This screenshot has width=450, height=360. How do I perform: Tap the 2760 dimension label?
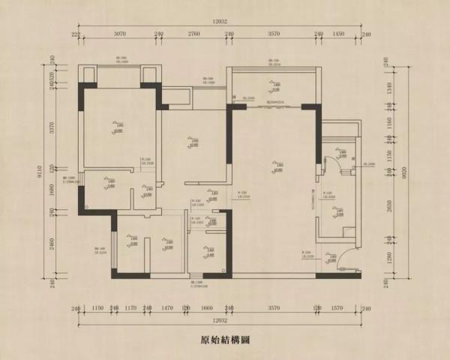click(x=193, y=34)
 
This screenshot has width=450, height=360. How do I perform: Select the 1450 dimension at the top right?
click(x=338, y=34)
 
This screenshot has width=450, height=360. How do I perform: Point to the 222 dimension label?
click(x=76, y=34)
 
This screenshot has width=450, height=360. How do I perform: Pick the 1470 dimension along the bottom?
click(x=167, y=308)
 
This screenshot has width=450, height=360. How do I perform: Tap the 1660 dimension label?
click(x=208, y=308)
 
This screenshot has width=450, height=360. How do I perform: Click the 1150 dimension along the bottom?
click(x=97, y=308)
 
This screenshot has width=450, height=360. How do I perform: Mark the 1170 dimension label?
click(x=130, y=308)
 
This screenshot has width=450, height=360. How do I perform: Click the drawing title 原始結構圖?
click(x=225, y=339)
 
